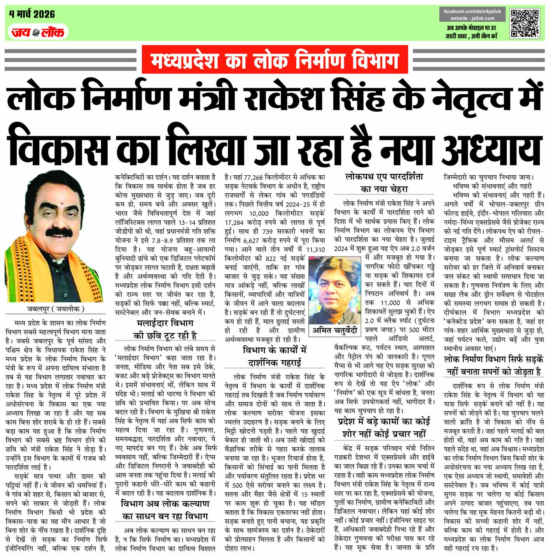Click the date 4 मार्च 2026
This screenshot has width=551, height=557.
(x=32, y=14)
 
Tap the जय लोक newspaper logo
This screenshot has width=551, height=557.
(x=38, y=32)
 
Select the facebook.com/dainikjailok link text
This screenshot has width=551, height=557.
(x=472, y=12)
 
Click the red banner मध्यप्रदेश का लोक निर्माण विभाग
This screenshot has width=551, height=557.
(x=275, y=60)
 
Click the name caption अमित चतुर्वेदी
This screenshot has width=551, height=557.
(x=335, y=330)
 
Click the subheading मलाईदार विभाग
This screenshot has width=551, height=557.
(x=165, y=323)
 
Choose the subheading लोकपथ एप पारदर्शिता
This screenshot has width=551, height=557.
(x=384, y=177)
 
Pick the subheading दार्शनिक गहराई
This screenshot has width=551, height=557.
(x=275, y=363)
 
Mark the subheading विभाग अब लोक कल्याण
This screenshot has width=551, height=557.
(x=165, y=504)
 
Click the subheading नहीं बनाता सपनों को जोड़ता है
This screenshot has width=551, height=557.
(x=494, y=372)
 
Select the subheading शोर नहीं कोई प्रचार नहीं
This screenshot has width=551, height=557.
(x=384, y=434)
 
